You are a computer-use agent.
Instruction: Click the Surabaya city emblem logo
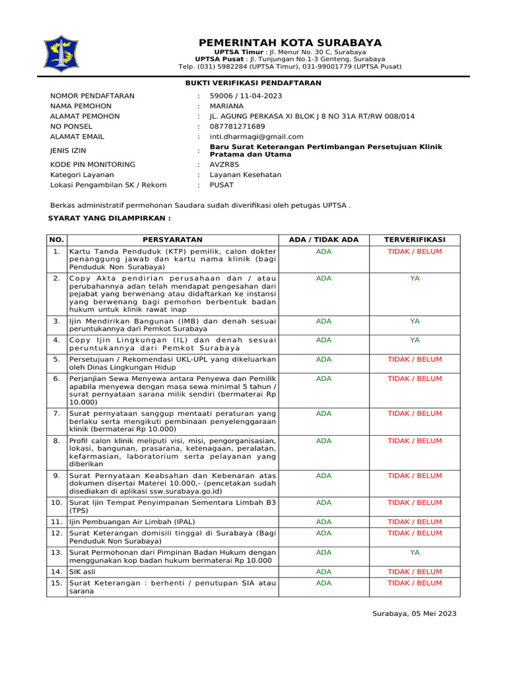[x=60, y=54]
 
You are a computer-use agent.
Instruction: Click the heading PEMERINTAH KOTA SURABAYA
[x=290, y=43]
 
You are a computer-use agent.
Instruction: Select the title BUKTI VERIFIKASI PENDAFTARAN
[x=253, y=83]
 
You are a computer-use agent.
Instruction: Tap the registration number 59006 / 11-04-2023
[x=246, y=96]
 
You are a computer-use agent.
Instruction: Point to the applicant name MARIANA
[x=226, y=106]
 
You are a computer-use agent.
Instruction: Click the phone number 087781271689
[x=237, y=126]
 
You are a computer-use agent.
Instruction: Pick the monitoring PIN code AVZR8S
[x=224, y=164]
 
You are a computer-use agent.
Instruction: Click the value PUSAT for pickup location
[x=221, y=185]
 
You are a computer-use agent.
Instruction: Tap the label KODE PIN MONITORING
[x=92, y=164]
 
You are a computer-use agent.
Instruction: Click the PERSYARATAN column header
[x=173, y=240]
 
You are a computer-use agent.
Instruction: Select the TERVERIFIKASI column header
[x=415, y=240]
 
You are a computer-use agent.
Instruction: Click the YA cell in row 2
[x=415, y=279]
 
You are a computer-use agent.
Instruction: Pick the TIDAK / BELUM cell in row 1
[x=415, y=252]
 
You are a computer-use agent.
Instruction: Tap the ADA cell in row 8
[x=324, y=440]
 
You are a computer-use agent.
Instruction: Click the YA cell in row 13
[x=415, y=553]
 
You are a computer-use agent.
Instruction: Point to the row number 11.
[x=57, y=522]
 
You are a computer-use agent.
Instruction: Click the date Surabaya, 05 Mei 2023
[x=414, y=613]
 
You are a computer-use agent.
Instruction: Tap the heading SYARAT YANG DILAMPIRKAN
[x=110, y=218]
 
